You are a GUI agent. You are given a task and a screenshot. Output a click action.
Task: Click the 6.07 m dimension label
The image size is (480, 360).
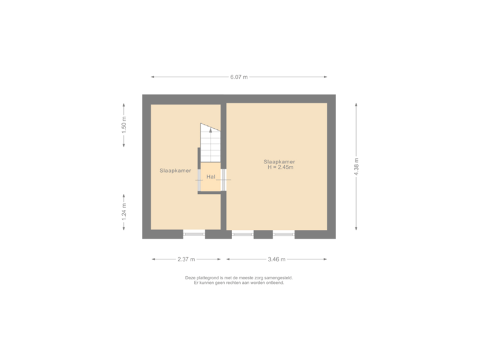tap(239, 77)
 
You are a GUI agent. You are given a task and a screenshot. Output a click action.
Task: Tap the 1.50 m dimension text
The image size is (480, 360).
tap(123, 126)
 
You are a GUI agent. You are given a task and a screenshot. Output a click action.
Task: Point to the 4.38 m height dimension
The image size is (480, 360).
tap(357, 165)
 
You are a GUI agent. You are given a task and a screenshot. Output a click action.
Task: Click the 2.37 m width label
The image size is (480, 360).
tap(186, 259)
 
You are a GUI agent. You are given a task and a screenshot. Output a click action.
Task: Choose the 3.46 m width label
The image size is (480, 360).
tap(277, 259)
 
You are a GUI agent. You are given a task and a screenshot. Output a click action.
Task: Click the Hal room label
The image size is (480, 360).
tap(211, 177)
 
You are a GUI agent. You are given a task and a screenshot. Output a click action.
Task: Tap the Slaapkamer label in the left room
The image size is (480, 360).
tap(175, 171)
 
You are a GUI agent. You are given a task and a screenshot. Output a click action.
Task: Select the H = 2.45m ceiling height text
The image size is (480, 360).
tap(279, 167)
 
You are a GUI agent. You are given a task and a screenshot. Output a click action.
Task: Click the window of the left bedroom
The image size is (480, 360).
tap(194, 234)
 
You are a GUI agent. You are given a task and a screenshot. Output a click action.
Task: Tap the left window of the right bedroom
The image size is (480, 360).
tap(243, 234)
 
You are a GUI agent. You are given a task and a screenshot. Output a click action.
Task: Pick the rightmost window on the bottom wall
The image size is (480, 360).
tap(283, 234)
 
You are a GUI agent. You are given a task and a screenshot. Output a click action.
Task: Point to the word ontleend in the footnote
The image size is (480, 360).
tap(273, 283)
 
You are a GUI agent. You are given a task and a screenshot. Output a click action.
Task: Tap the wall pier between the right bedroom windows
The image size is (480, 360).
tap(263, 234)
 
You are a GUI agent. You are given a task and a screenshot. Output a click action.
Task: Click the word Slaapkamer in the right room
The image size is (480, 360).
tap(279, 161)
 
